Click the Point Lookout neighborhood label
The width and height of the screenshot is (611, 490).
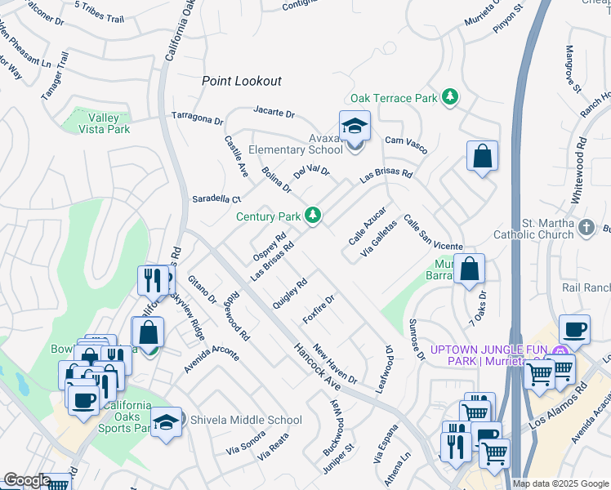click(242, 81)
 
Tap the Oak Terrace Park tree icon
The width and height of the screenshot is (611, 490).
click(449, 98)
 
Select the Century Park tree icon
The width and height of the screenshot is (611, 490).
click(313, 216)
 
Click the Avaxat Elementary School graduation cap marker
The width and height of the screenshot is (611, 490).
click(355, 127)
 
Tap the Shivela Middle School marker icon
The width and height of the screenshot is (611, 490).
click(167, 421)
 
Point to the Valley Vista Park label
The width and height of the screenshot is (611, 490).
click(104, 123)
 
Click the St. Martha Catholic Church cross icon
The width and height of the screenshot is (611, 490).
click(585, 228)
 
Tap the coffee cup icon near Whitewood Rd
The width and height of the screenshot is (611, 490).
click(574, 329)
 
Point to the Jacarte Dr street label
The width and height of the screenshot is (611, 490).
click(274, 112)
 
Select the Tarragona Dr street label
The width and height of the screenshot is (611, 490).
click(196, 119)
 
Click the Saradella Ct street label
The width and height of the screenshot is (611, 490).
click(216, 198)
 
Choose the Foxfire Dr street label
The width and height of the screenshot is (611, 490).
click(319, 309)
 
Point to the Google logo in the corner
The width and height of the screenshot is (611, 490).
click(27, 480)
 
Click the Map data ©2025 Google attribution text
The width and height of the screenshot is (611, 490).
click(561, 483)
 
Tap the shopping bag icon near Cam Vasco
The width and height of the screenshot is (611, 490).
click(482, 156)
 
